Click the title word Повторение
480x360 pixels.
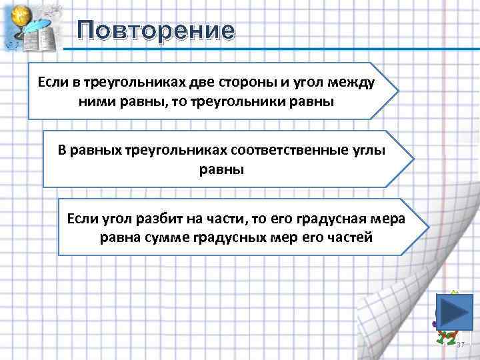coord(155,31)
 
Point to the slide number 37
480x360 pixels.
coord(460,343)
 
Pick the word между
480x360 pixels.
coord(352,83)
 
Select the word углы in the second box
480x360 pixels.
coord(369,150)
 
